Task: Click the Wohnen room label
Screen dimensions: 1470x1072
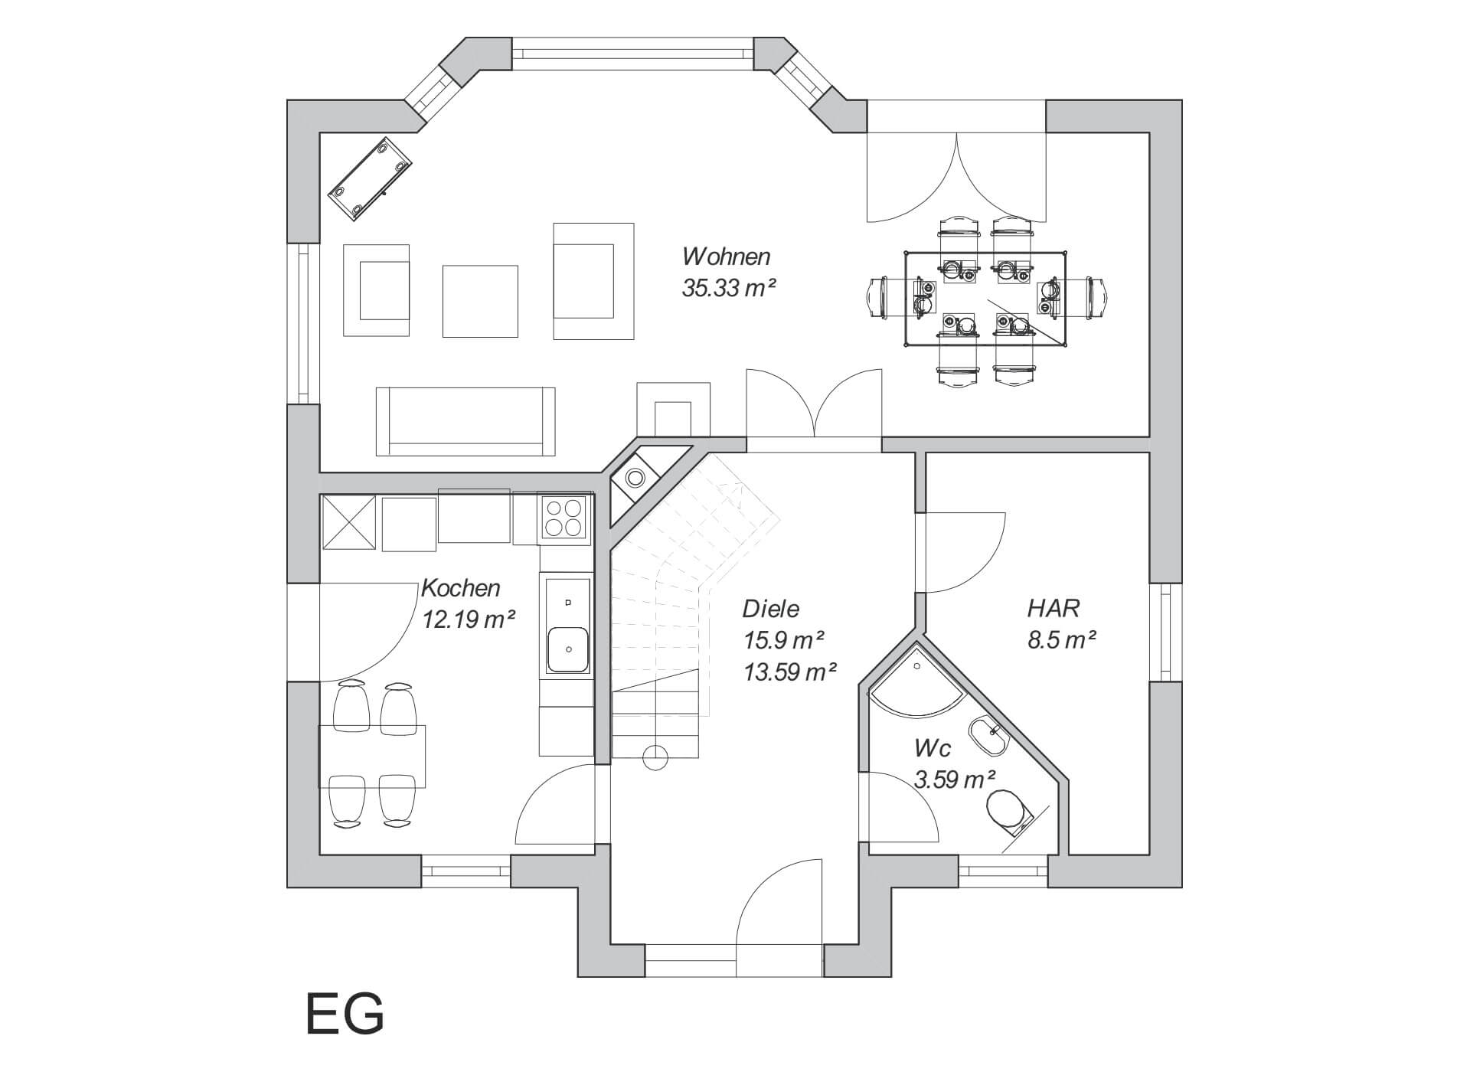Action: pos(726,256)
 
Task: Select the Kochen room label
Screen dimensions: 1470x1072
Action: pos(461,588)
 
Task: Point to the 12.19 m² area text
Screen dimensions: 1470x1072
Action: pos(469,619)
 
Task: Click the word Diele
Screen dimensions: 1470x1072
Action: pos(770,609)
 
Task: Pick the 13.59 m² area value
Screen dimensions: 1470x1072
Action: pos(789,672)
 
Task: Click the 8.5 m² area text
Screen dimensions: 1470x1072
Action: pos(1061,640)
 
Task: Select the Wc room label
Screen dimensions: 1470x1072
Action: pos(933,748)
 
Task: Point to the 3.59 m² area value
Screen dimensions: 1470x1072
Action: pos(955,779)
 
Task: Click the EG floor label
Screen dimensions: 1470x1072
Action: pos(345,1015)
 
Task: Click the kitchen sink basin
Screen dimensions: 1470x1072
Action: pos(567,649)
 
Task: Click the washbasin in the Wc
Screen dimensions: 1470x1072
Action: pos(988,737)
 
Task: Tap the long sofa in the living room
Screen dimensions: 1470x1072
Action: pos(465,420)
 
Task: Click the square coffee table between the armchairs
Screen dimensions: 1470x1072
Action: pos(480,301)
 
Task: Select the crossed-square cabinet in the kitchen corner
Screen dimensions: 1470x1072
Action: pos(348,523)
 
